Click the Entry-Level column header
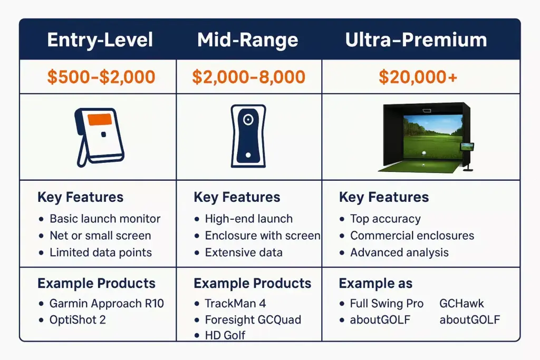click(100, 40)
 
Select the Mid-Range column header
click(247, 40)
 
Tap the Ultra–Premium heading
click(416, 40)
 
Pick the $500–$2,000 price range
click(101, 77)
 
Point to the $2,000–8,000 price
click(248, 77)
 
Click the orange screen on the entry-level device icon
click(99, 120)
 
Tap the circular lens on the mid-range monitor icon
click(248, 120)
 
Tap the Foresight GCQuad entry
click(253, 320)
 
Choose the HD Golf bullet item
click(225, 335)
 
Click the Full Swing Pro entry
click(387, 304)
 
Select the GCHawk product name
click(461, 304)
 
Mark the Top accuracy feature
click(385, 219)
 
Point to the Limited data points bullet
click(101, 252)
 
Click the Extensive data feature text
click(244, 252)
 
